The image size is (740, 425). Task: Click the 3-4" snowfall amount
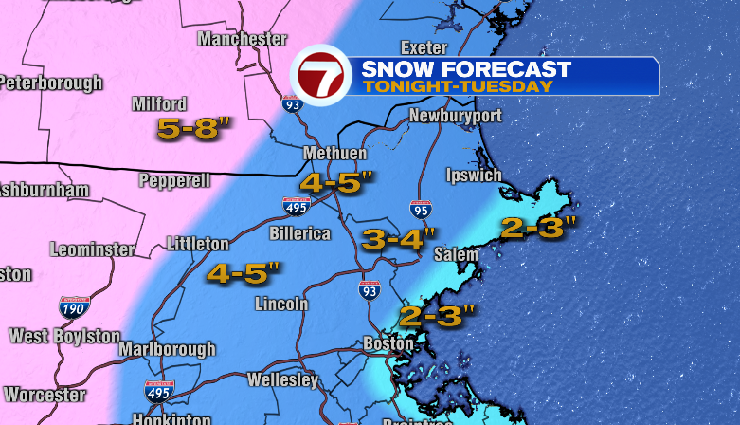click(399, 239)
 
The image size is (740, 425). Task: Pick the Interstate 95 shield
click(421, 211)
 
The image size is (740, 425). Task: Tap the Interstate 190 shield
click(74, 307)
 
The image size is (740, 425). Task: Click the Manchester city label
click(242, 39)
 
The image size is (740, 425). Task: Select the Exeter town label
click(424, 47)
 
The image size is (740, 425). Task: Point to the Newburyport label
click(455, 116)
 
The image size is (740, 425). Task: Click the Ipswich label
click(474, 176)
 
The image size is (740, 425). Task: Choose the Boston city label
click(388, 343)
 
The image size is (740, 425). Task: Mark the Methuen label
click(334, 154)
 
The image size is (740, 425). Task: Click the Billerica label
click(299, 233)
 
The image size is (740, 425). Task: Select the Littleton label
click(197, 244)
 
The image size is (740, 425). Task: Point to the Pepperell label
click(174, 180)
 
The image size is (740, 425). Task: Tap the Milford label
click(160, 104)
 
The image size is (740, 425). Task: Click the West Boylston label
click(64, 336)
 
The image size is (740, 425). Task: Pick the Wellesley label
click(282, 379)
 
